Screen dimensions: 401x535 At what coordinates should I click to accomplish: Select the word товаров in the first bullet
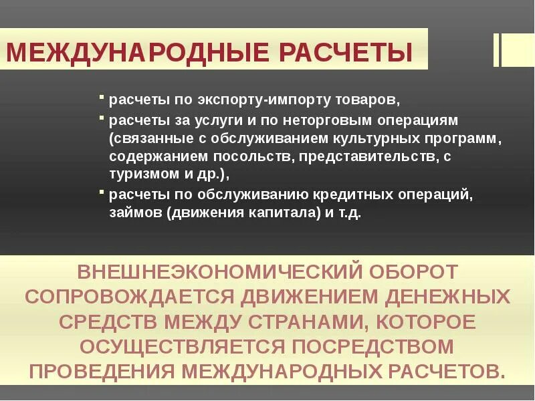click(x=368, y=102)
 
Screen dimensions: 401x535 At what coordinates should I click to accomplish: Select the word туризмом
click(x=142, y=174)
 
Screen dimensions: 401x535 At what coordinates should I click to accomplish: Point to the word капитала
click(x=264, y=214)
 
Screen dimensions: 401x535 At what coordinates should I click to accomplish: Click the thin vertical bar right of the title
click(x=496, y=49)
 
